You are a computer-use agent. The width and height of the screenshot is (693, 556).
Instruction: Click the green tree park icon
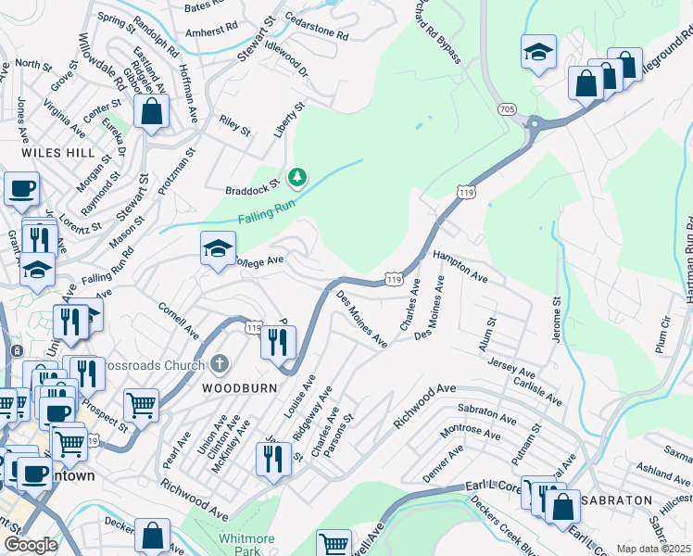click(x=297, y=175)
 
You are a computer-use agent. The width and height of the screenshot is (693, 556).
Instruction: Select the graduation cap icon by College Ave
click(x=218, y=248)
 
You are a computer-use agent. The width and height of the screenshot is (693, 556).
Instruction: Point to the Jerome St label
click(x=558, y=320)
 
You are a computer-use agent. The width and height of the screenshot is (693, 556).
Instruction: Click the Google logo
click(x=31, y=545)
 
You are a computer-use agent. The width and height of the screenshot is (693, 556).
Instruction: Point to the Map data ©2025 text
click(x=654, y=549)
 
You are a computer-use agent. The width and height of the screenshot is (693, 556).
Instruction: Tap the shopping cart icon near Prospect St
click(x=141, y=404)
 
